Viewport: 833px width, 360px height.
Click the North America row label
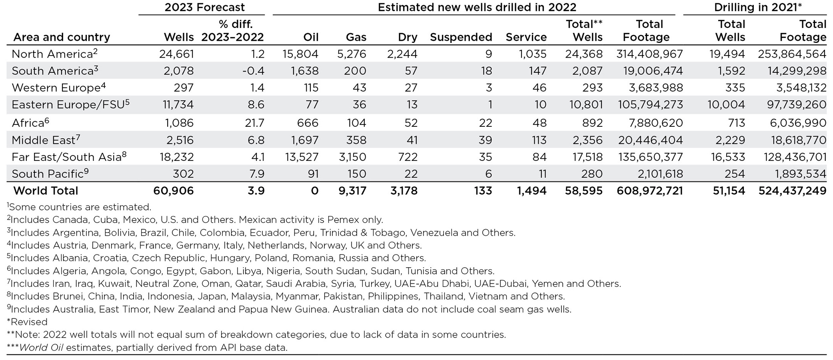pyautogui.click(x=52, y=54)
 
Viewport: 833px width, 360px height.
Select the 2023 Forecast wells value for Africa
pyautogui.click(x=179, y=123)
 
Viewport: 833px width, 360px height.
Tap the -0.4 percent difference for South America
pyautogui.click(x=253, y=71)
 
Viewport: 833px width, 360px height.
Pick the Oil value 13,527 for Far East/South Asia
pyautogui.click(x=302, y=157)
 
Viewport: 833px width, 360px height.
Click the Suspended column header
pyautogui.click(x=461, y=37)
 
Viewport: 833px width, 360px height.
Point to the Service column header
pyautogui.click(x=526, y=37)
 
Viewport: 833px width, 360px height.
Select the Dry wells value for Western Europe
pyautogui.click(x=411, y=88)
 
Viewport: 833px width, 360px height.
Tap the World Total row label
pyautogui.click(x=46, y=191)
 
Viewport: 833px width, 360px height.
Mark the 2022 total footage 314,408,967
pyautogui.click(x=649, y=54)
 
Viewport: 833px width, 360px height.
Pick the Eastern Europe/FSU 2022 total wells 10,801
pyautogui.click(x=586, y=105)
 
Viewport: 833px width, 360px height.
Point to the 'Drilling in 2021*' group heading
pyautogui.click(x=758, y=7)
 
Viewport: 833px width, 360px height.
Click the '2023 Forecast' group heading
pyautogui.click(x=204, y=7)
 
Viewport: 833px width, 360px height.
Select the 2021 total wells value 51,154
pyautogui.click(x=729, y=191)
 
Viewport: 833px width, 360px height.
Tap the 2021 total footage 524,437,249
pyautogui.click(x=792, y=191)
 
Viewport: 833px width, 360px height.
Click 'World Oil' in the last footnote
pyautogui.click(x=41, y=348)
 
